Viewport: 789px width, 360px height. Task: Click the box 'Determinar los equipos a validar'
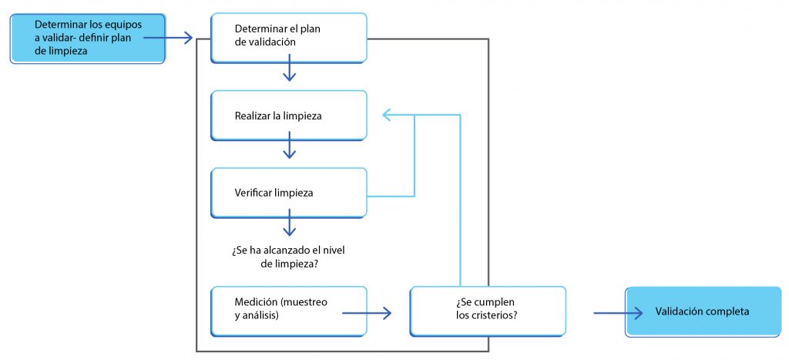pos(88,39)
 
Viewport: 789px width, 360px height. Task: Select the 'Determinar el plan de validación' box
pos(289,38)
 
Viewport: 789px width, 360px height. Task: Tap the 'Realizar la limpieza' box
pos(289,116)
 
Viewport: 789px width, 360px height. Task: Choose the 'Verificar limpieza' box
pos(289,193)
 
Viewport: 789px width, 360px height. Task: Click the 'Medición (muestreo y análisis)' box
pos(289,311)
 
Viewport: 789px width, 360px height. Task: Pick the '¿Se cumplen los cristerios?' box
pos(488,311)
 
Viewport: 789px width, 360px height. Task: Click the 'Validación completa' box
pos(703,311)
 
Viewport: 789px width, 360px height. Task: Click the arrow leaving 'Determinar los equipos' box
pos(168,37)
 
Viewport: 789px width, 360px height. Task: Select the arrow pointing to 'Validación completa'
pos(619,313)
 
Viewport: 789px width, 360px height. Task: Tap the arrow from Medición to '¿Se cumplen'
pos(367,313)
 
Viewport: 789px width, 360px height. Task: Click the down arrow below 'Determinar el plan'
pos(290,68)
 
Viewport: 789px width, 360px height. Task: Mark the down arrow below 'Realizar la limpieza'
pos(290,145)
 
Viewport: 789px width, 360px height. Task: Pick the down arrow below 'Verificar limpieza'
pos(290,223)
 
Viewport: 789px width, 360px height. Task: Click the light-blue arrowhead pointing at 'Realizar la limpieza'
pos(387,115)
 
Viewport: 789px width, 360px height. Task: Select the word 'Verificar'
pos(253,193)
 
